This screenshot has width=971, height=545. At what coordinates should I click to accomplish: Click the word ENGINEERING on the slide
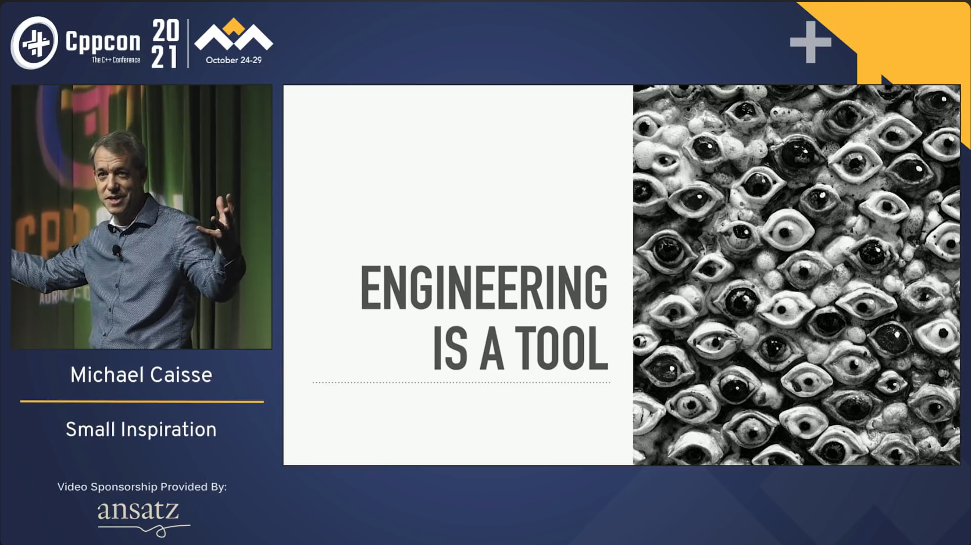pyautogui.click(x=484, y=288)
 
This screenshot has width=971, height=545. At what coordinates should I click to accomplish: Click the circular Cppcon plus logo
pyautogui.click(x=34, y=43)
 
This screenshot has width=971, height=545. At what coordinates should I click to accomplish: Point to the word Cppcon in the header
pyautogui.click(x=103, y=42)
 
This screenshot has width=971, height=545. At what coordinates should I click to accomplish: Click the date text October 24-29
pyautogui.click(x=234, y=60)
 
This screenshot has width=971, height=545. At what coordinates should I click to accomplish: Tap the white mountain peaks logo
pyautogui.click(x=234, y=37)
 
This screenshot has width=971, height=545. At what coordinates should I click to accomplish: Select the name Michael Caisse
pyautogui.click(x=141, y=375)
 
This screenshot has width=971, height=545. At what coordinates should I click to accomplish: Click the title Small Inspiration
pyautogui.click(x=141, y=430)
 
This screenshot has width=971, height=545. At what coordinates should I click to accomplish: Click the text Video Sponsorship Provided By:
pyautogui.click(x=142, y=487)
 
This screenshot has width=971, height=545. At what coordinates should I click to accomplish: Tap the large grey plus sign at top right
pyautogui.click(x=810, y=42)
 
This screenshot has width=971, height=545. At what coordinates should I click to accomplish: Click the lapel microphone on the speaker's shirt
pyautogui.click(x=117, y=251)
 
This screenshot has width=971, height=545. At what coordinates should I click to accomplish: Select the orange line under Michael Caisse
pyautogui.click(x=142, y=401)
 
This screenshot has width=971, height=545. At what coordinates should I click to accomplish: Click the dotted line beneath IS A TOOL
pyautogui.click(x=461, y=383)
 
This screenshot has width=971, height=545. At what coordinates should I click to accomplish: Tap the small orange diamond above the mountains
pyautogui.click(x=234, y=26)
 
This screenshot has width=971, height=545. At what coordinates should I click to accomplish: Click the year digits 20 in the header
pyautogui.click(x=166, y=30)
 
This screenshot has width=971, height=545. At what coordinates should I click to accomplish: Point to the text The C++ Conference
pyautogui.click(x=116, y=60)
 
